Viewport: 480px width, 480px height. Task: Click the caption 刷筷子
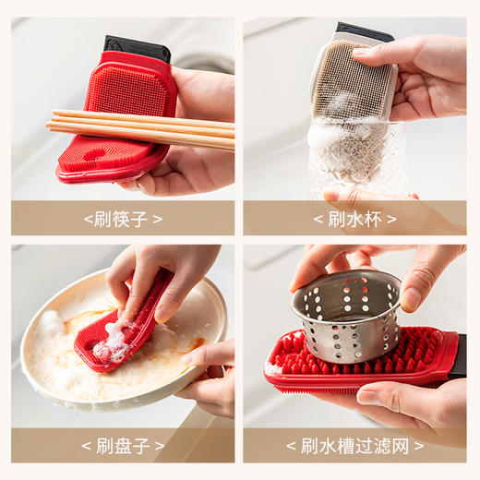pos(123,219)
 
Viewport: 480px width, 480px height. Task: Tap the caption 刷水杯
pos(354,219)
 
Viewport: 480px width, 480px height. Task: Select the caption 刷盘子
pos(123,446)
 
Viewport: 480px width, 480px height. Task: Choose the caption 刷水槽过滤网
pos(354,446)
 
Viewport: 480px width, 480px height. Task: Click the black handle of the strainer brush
pos(458,357)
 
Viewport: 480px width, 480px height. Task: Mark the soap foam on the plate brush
pos(112,343)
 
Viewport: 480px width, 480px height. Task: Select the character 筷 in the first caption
pos(122,219)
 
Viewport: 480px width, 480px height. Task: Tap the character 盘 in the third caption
pos(122,446)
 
